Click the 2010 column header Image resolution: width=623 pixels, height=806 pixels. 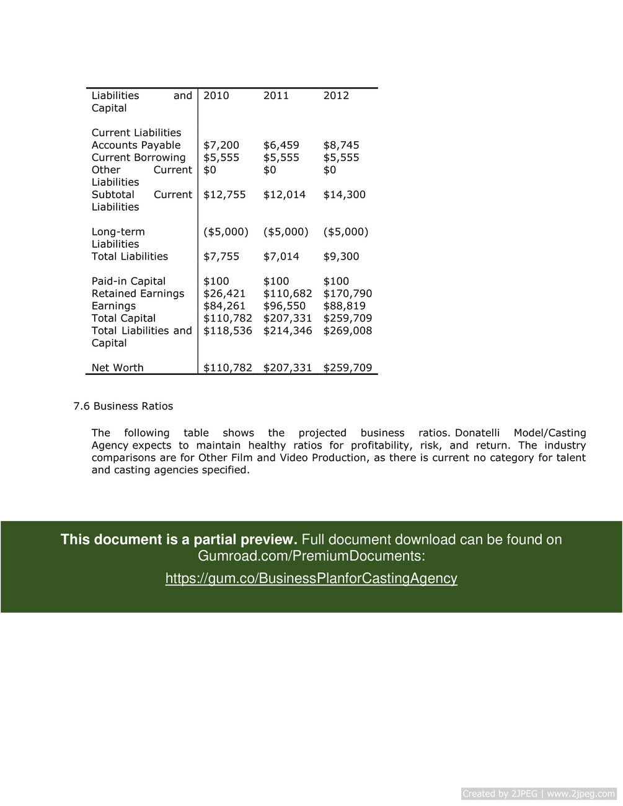pos(216,95)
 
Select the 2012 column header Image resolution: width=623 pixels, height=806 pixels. pos(336,95)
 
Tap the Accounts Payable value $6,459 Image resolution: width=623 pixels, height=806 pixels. pos(281,145)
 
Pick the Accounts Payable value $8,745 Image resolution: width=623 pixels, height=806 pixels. pos(341,145)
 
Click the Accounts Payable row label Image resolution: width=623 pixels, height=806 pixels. pos(136,145)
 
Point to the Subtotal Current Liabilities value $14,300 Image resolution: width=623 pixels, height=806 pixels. pos(344,195)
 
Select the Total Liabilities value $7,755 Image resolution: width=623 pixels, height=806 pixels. pos(221,256)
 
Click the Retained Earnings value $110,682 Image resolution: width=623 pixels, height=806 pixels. pos(287,294)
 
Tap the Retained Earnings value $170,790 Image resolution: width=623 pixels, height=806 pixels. pos(347,294)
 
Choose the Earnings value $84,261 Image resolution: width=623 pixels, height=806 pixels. pos(224,306)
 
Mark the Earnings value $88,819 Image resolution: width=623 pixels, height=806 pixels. pos(344,306)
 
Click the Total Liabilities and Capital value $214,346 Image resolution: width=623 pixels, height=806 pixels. pos(287,331)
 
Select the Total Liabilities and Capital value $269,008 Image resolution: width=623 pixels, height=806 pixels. pos(347,331)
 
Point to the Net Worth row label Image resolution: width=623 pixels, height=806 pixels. pos(117,368)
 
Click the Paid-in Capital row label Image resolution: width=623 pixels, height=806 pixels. pos(128,281)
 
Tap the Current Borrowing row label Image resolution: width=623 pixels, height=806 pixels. pos(138,157)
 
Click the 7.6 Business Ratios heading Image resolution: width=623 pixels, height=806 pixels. pos(123,406)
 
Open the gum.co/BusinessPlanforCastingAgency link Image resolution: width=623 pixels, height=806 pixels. pos(311,579)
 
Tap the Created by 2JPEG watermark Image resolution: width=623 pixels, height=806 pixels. pos(538,794)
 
